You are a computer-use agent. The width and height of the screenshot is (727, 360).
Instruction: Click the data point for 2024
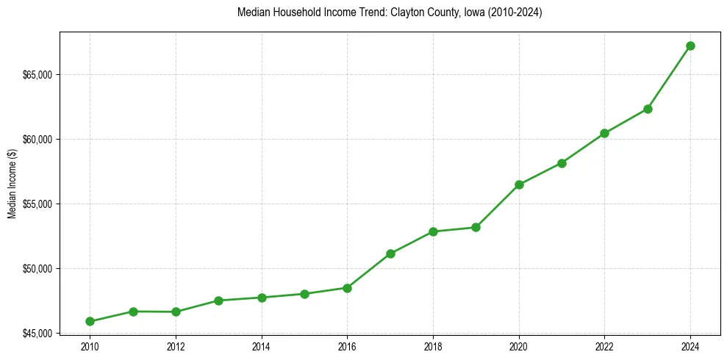(x=690, y=46)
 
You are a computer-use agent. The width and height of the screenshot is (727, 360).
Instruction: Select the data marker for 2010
(x=90, y=321)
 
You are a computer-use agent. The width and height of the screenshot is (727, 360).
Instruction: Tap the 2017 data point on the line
(x=390, y=253)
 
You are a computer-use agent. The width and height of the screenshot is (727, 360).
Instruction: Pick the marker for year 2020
(x=519, y=184)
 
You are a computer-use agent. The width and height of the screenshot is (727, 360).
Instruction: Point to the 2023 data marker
(x=648, y=109)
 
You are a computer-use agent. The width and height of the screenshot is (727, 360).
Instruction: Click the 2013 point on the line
(x=218, y=300)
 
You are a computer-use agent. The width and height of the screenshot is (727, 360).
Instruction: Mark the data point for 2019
(x=476, y=227)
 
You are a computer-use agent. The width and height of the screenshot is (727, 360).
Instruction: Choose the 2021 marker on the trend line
(x=562, y=163)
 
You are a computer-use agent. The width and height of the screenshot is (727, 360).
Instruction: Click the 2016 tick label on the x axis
(x=347, y=346)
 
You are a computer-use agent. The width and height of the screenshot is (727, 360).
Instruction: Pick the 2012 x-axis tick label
(x=176, y=346)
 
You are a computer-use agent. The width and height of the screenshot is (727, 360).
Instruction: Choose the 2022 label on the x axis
(x=604, y=346)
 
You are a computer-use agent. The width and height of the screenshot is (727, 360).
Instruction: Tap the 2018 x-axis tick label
(x=433, y=346)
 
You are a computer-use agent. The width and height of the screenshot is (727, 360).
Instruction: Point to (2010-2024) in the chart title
(x=515, y=13)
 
